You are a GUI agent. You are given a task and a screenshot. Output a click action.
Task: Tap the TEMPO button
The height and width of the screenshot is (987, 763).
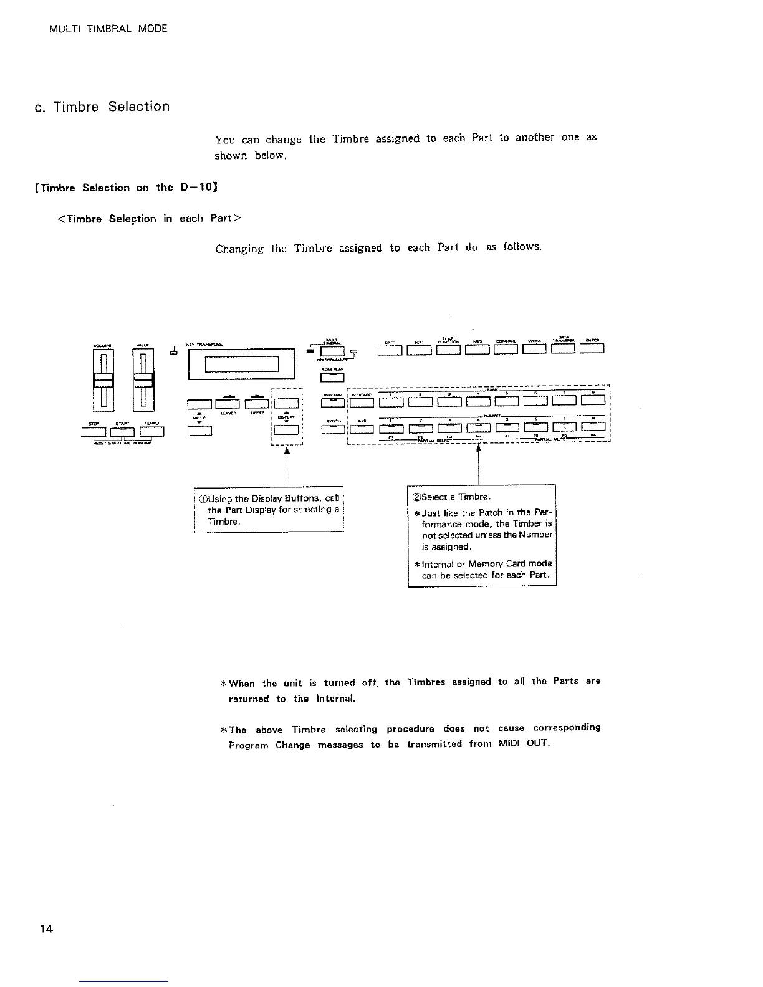tap(153, 431)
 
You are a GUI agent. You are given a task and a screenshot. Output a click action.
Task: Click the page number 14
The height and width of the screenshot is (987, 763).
tap(46, 929)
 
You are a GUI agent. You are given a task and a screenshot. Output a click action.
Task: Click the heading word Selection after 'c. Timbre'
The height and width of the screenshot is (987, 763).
tap(138, 107)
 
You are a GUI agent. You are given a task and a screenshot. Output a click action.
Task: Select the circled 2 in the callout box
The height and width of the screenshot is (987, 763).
tap(416, 497)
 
